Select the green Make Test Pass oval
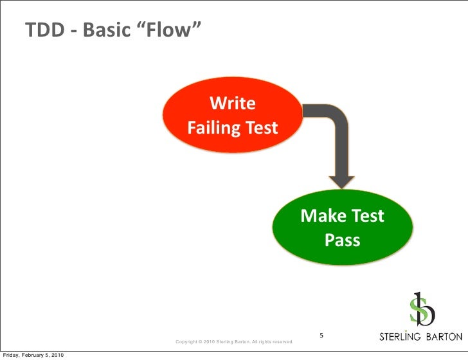pyautogui.click(x=342, y=228)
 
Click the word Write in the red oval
pyautogui.click(x=233, y=104)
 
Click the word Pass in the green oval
pyautogui.click(x=342, y=240)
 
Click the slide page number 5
pyautogui.click(x=322, y=336)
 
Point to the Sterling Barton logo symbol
pyautogui.click(x=422, y=309)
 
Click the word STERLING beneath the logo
pyautogui.click(x=400, y=337)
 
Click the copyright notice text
pyautogui.click(x=235, y=341)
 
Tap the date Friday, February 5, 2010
pyautogui.click(x=33, y=355)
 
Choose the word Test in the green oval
pyautogui.click(x=367, y=216)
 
